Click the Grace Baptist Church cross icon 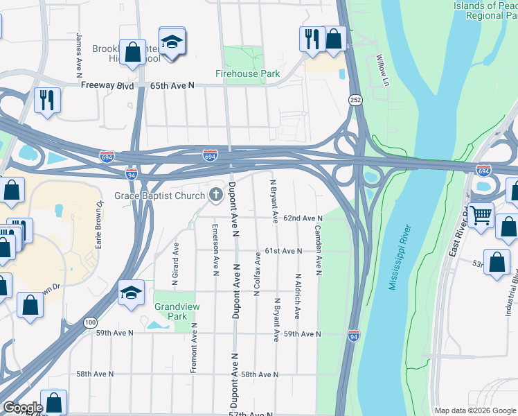pos(215,196)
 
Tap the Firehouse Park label pos(247,73)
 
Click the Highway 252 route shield pos(355,101)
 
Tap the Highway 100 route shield pos(91,322)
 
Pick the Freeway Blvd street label pos(107,85)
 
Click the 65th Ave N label pos(173,85)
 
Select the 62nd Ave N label pos(303,218)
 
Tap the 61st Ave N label pos(284,250)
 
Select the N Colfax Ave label pos(257,274)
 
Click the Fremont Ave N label pos(194,348)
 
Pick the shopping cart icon pos(481,214)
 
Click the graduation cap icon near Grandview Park pos(130,293)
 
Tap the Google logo pos(22,408)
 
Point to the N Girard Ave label pos(176,263)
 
